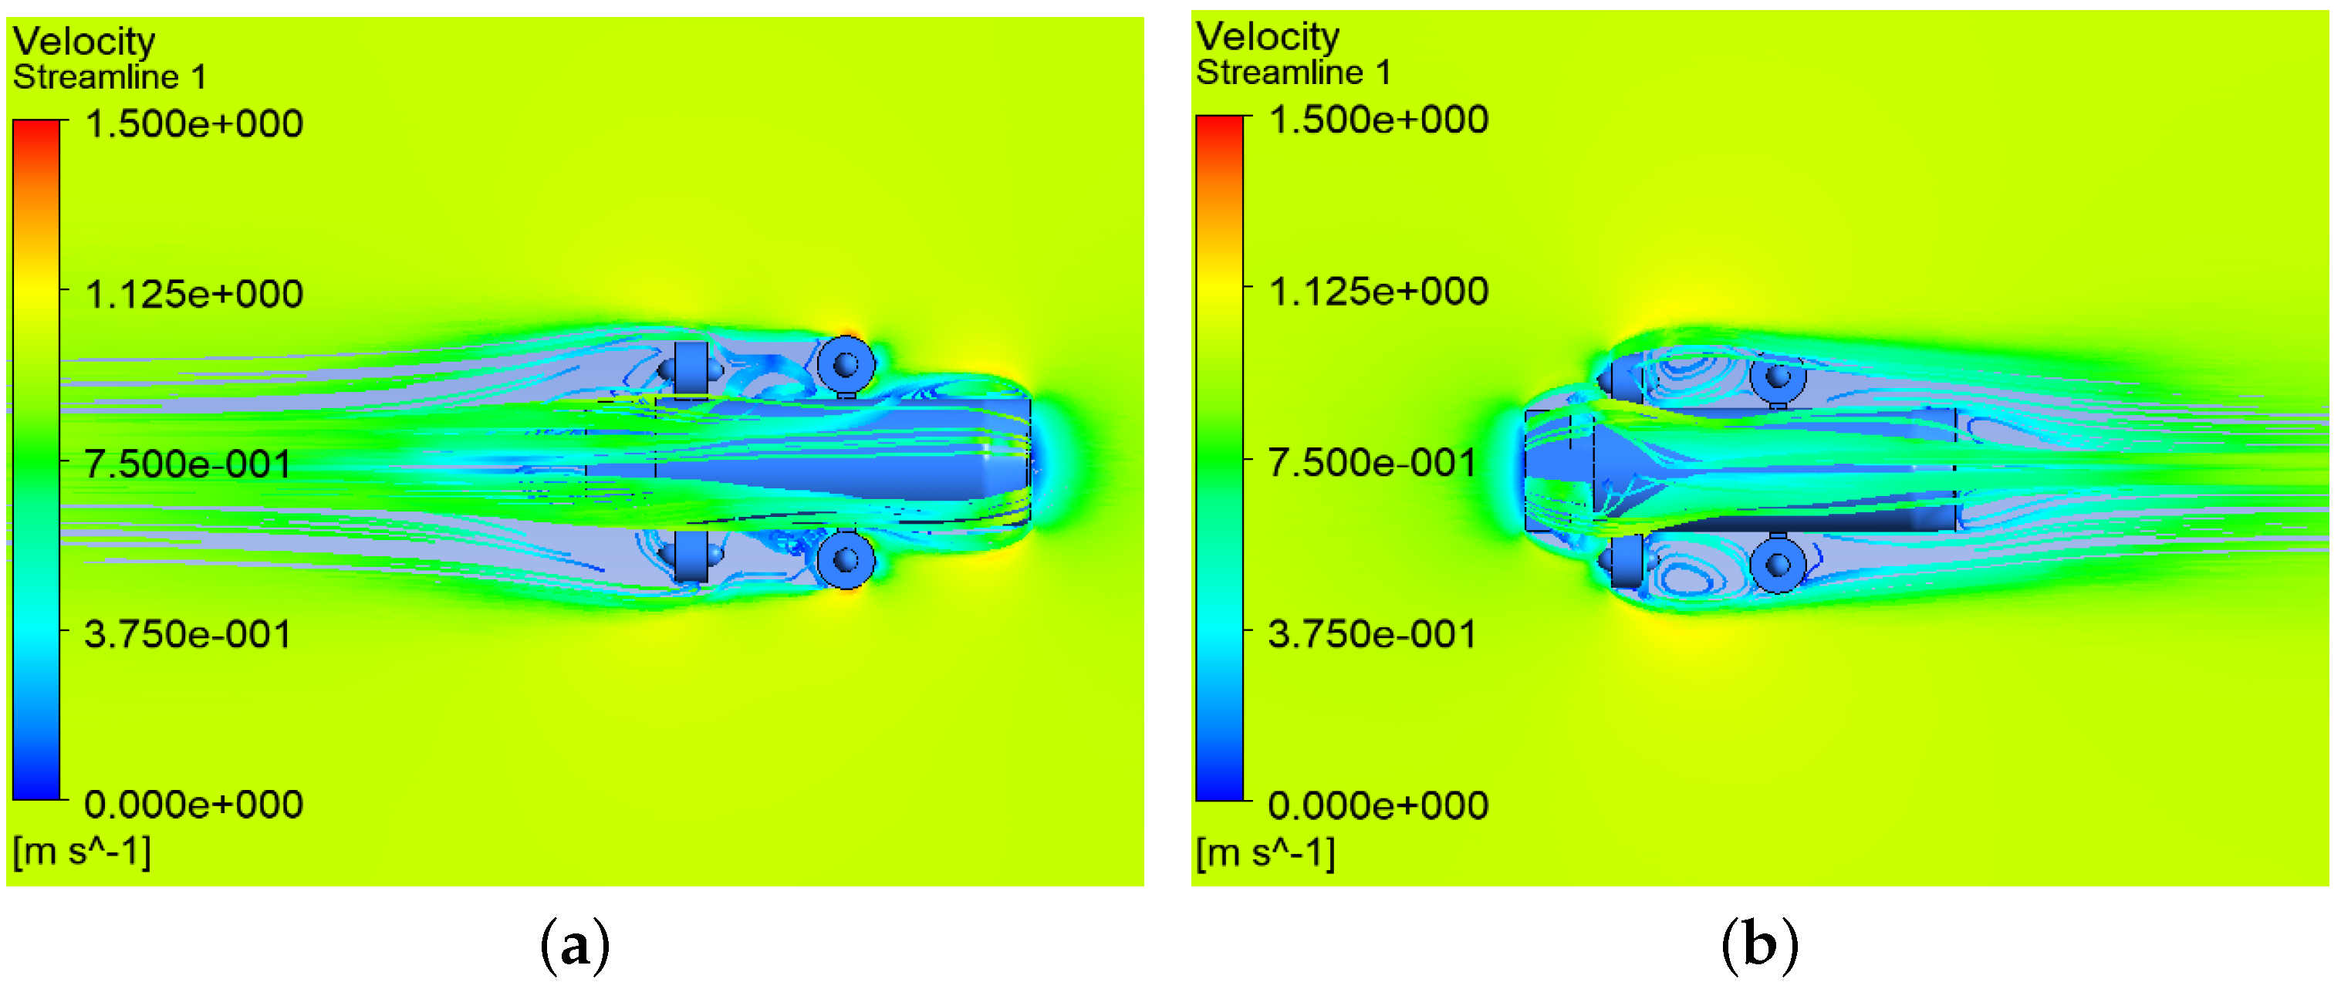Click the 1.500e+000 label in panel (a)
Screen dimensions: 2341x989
pos(194,123)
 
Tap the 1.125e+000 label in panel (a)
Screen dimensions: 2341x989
pos(194,294)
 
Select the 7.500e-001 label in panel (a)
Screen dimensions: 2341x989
pos(188,464)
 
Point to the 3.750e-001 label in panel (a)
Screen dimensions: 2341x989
pos(188,633)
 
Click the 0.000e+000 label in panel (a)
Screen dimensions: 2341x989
pos(194,804)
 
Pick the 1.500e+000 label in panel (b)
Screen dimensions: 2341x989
pos(1378,119)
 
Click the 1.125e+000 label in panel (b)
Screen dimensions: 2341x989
pos(1378,291)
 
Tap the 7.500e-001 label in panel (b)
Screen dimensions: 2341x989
pos(1372,462)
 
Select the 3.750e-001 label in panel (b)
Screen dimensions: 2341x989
pos(1372,633)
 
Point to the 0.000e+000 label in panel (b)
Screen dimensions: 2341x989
pos(1378,805)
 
